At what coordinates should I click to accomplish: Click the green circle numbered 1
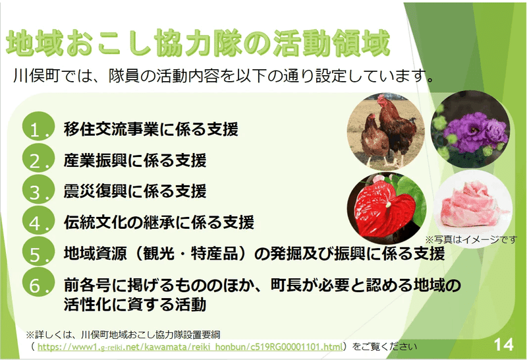[38, 126]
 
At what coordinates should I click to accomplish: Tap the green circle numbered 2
[38, 158]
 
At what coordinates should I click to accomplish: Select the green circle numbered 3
[38, 189]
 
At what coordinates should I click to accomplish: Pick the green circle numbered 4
[38, 220]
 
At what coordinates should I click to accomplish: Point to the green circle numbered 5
[38, 251]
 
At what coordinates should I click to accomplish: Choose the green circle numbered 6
[38, 282]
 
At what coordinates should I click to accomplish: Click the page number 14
[503, 345]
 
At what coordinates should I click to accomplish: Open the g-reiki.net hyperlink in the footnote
[190, 347]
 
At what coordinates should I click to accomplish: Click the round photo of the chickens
[386, 131]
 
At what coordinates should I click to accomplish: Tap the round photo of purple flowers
[470, 129]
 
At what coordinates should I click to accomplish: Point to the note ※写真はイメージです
[471, 239]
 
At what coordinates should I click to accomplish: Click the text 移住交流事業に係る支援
[151, 129]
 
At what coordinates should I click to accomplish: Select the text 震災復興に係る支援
[135, 191]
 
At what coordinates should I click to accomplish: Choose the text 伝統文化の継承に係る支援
[159, 222]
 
